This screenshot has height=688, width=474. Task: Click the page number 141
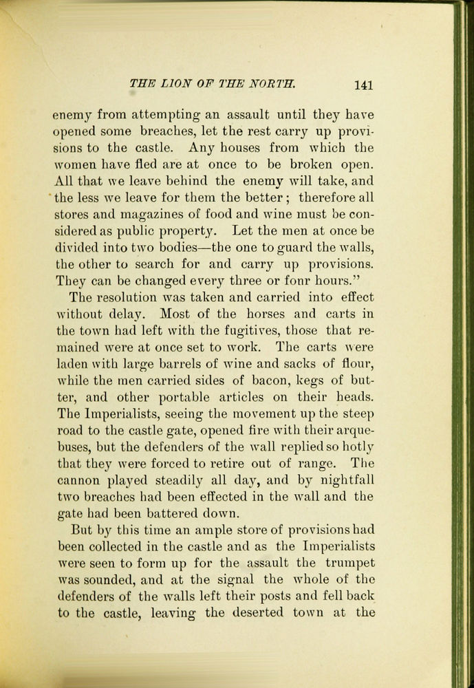(x=363, y=85)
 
